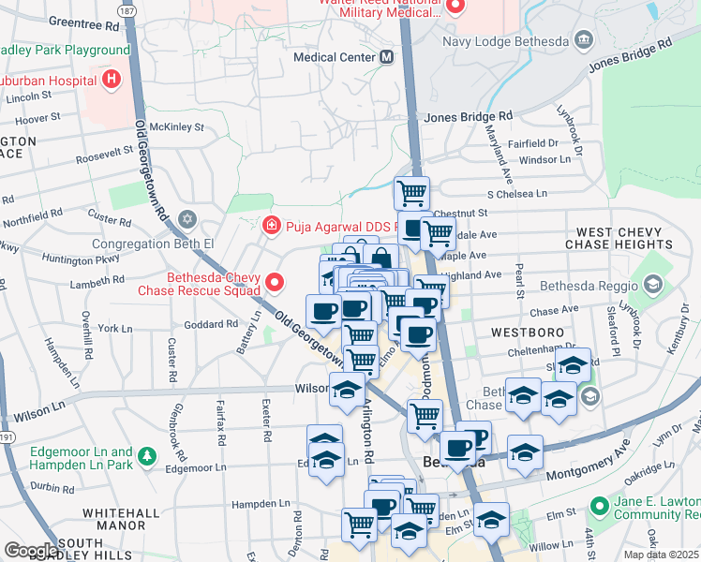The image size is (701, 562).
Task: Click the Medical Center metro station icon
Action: pyautogui.click(x=386, y=57)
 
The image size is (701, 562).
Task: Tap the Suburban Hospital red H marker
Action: pyautogui.click(x=112, y=79)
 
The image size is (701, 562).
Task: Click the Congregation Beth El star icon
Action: pyautogui.click(x=186, y=219)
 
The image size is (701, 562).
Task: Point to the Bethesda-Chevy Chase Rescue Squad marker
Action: pyautogui.click(x=275, y=281)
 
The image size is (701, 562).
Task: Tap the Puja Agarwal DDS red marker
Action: pyautogui.click(x=271, y=225)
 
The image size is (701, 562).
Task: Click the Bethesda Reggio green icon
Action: pyautogui.click(x=654, y=285)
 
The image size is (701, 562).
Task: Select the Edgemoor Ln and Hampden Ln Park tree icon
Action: pyautogui.click(x=146, y=456)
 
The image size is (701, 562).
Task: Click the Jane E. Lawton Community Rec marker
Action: pyautogui.click(x=598, y=507)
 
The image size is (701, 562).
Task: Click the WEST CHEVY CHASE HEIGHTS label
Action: pyautogui.click(x=624, y=238)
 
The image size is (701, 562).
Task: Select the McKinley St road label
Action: pyautogui.click(x=176, y=126)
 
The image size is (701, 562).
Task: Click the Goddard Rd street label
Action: pyautogui.click(x=211, y=324)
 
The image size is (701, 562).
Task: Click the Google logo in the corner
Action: pyautogui.click(x=30, y=551)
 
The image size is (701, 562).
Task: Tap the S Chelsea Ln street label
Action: pyautogui.click(x=515, y=193)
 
